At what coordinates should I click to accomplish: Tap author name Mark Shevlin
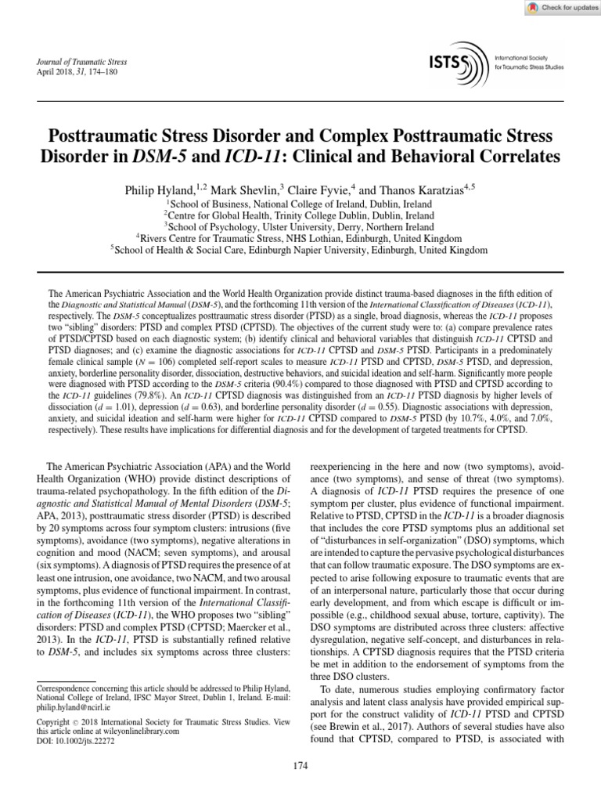point(241,190)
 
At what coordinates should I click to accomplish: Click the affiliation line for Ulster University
point(300,226)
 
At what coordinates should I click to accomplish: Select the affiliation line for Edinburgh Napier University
point(300,250)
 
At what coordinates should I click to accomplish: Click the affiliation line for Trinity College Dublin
point(300,215)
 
